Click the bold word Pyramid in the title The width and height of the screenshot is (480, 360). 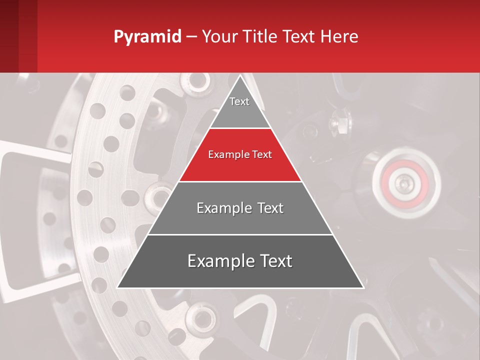(147, 37)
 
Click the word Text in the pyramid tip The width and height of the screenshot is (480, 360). (239, 101)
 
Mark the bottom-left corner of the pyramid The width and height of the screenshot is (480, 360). (118, 287)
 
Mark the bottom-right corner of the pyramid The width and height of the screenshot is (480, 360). (363, 287)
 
